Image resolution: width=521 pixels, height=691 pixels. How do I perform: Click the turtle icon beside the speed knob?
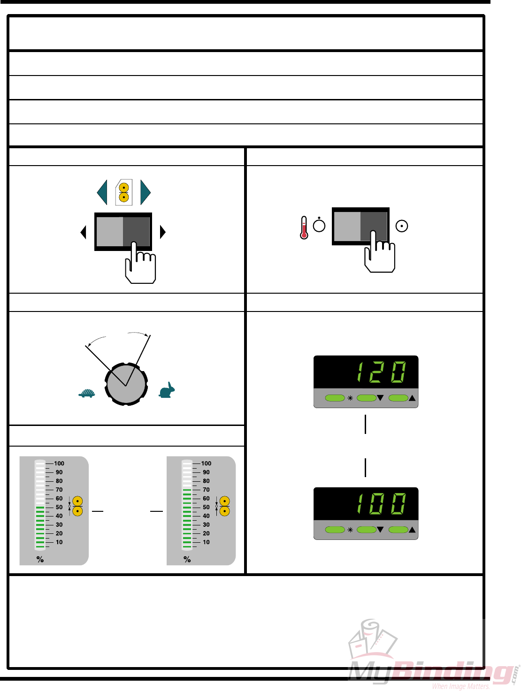pos(87,393)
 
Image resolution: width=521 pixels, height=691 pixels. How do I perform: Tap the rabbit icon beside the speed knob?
pos(167,390)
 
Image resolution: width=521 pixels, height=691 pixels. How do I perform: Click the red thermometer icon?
pos(304,228)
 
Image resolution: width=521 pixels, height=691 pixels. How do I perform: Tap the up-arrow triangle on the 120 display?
pos(412,398)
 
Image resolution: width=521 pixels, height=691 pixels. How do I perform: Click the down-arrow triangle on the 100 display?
pos(380,530)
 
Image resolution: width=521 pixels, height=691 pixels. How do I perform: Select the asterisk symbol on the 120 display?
pos(350,398)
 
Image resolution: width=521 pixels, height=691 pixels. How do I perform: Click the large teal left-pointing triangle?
pos(102,192)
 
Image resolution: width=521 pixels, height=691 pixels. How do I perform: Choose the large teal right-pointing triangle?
pos(145,192)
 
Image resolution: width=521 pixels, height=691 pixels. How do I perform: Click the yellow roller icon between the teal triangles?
pos(124,192)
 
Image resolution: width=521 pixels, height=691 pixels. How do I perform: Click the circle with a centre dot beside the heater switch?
pos(402,226)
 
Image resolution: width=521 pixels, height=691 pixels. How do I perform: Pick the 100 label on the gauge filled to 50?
pos(59,463)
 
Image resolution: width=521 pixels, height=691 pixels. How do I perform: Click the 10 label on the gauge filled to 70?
pos(206,542)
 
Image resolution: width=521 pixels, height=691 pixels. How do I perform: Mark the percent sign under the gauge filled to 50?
pos(40,559)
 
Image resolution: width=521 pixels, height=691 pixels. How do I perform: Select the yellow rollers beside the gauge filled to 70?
pos(225,506)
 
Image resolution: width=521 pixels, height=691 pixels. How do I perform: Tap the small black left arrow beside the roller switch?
pos(84,232)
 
